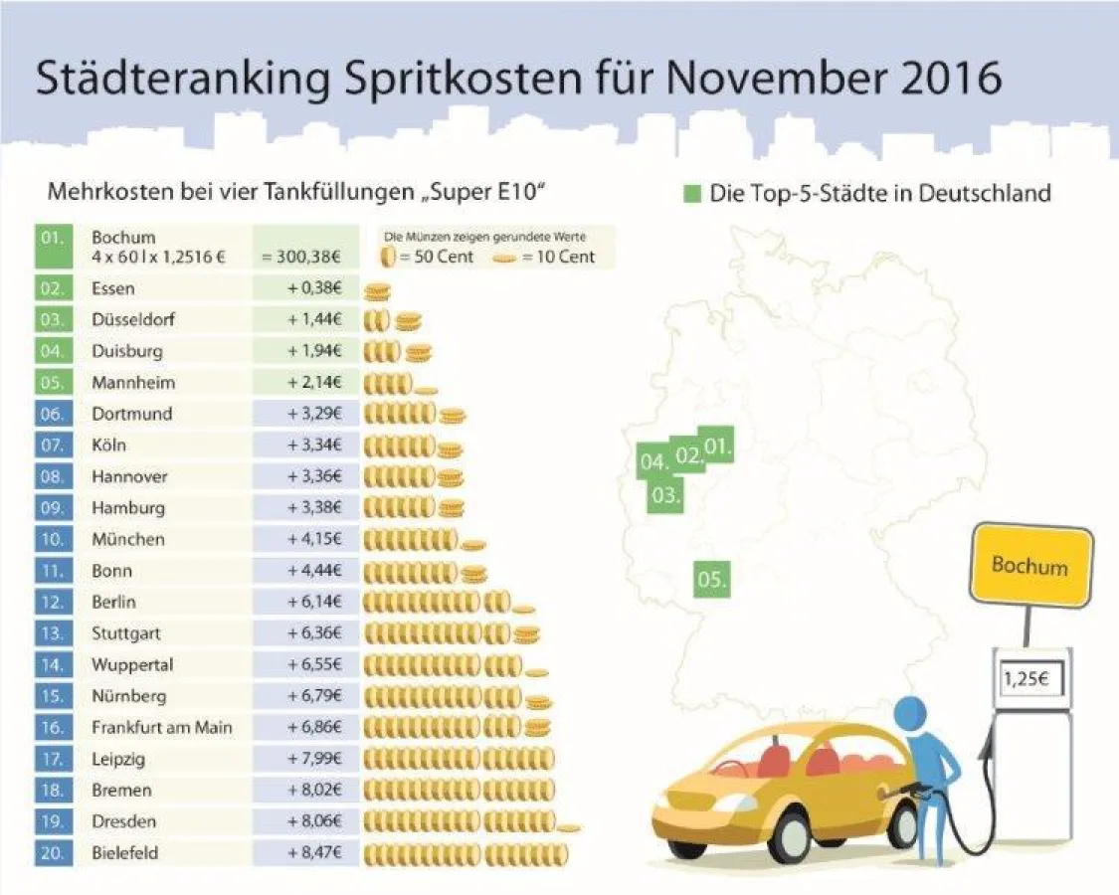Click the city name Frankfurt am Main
coord(162,727)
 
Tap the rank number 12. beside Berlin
coord(54,602)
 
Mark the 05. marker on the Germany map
coord(712,579)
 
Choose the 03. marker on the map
coord(664,494)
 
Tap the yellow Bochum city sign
coord(1029,566)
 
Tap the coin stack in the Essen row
coord(376,290)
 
